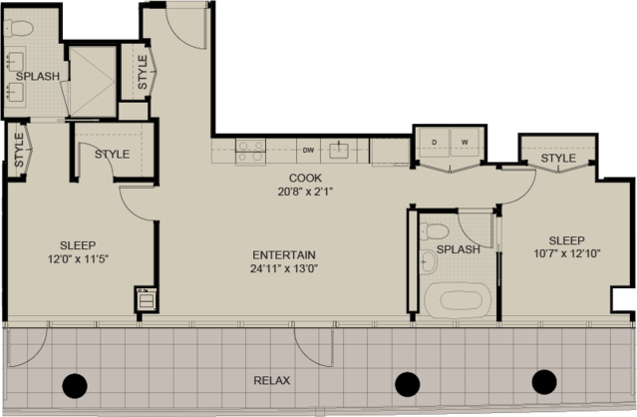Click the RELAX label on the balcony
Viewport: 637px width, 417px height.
[x=272, y=380]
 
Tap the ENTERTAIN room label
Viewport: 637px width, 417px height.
[x=284, y=254]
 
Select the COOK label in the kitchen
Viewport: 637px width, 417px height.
[x=305, y=178]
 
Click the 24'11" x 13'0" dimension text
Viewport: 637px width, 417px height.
[x=284, y=268]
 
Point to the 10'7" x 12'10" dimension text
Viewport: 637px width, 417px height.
[x=567, y=253]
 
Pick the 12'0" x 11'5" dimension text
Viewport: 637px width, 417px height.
[x=78, y=259]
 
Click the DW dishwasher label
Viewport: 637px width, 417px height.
[x=308, y=151]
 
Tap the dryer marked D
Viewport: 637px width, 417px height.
[x=434, y=142]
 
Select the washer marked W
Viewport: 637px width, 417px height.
[x=465, y=142]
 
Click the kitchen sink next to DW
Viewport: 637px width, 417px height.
[x=339, y=151]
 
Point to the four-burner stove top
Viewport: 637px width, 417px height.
[x=250, y=151]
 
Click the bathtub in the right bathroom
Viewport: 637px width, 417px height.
[x=458, y=300]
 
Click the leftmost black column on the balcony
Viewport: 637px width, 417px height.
[x=75, y=386]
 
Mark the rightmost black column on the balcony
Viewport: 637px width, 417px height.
[x=544, y=382]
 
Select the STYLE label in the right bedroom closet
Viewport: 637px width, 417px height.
[x=558, y=158]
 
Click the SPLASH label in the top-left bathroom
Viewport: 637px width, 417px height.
[x=38, y=76]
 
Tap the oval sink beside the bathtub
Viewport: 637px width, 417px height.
[x=429, y=262]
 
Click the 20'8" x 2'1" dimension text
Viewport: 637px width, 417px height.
[x=305, y=192]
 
